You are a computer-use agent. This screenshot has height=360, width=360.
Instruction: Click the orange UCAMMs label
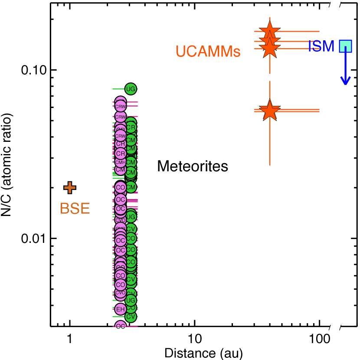click(x=208, y=52)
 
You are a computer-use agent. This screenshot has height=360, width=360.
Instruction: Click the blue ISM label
click(x=321, y=46)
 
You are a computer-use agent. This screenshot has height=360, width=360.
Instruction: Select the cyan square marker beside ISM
click(x=345, y=46)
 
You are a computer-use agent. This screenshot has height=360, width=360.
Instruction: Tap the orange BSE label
click(x=75, y=209)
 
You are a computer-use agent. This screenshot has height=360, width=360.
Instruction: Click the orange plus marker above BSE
click(x=70, y=188)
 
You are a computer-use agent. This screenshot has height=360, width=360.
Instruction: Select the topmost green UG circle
click(x=131, y=89)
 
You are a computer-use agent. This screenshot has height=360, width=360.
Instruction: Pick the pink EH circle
click(x=120, y=309)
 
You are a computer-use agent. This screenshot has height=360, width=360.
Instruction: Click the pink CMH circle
click(x=120, y=162)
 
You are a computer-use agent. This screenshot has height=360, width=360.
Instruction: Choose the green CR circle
click(x=131, y=128)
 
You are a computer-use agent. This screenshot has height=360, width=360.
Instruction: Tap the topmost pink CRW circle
click(x=120, y=106)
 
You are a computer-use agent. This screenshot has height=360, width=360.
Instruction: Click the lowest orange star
click(x=269, y=110)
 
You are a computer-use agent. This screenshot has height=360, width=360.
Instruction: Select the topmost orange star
click(x=269, y=31)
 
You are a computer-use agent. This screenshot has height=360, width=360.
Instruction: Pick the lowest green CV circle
click(x=131, y=317)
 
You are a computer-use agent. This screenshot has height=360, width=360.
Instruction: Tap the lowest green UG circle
click(x=131, y=301)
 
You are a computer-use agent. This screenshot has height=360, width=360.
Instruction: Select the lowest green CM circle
click(x=131, y=187)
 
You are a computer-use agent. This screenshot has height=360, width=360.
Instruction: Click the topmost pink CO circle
click(x=120, y=188)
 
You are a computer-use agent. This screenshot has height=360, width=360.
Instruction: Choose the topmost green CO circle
click(x=131, y=238)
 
